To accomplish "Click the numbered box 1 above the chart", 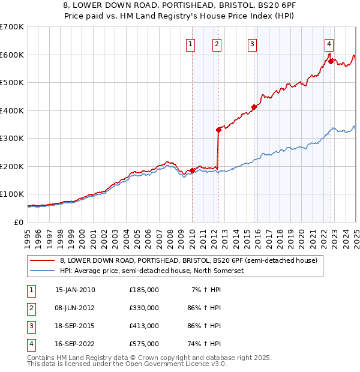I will pos(190,43).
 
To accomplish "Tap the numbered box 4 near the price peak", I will pos(329,43).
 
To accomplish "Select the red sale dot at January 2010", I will pos(192,170).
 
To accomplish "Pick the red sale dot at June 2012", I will pos(218,130).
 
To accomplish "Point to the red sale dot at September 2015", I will pos(254,107).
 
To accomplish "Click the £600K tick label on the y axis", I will pos(12,55).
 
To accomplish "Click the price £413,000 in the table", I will pos(144,326).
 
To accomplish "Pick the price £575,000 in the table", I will pos(144,344).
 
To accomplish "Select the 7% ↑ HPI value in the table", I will pos(206,290).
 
